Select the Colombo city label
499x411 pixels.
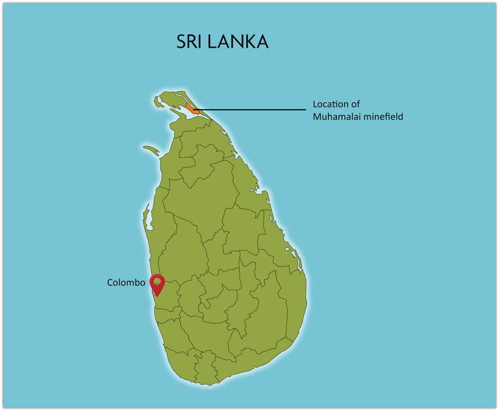[x=126, y=283]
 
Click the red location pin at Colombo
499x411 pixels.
[x=157, y=284]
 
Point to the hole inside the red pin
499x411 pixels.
[x=157, y=282]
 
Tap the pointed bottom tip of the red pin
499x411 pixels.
[x=157, y=296]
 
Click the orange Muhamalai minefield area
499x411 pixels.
[x=191, y=108]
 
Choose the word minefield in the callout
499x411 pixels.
[x=383, y=117]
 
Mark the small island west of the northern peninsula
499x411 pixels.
[x=158, y=102]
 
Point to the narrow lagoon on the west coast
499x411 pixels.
[x=147, y=216]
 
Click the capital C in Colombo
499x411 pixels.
[x=110, y=283]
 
